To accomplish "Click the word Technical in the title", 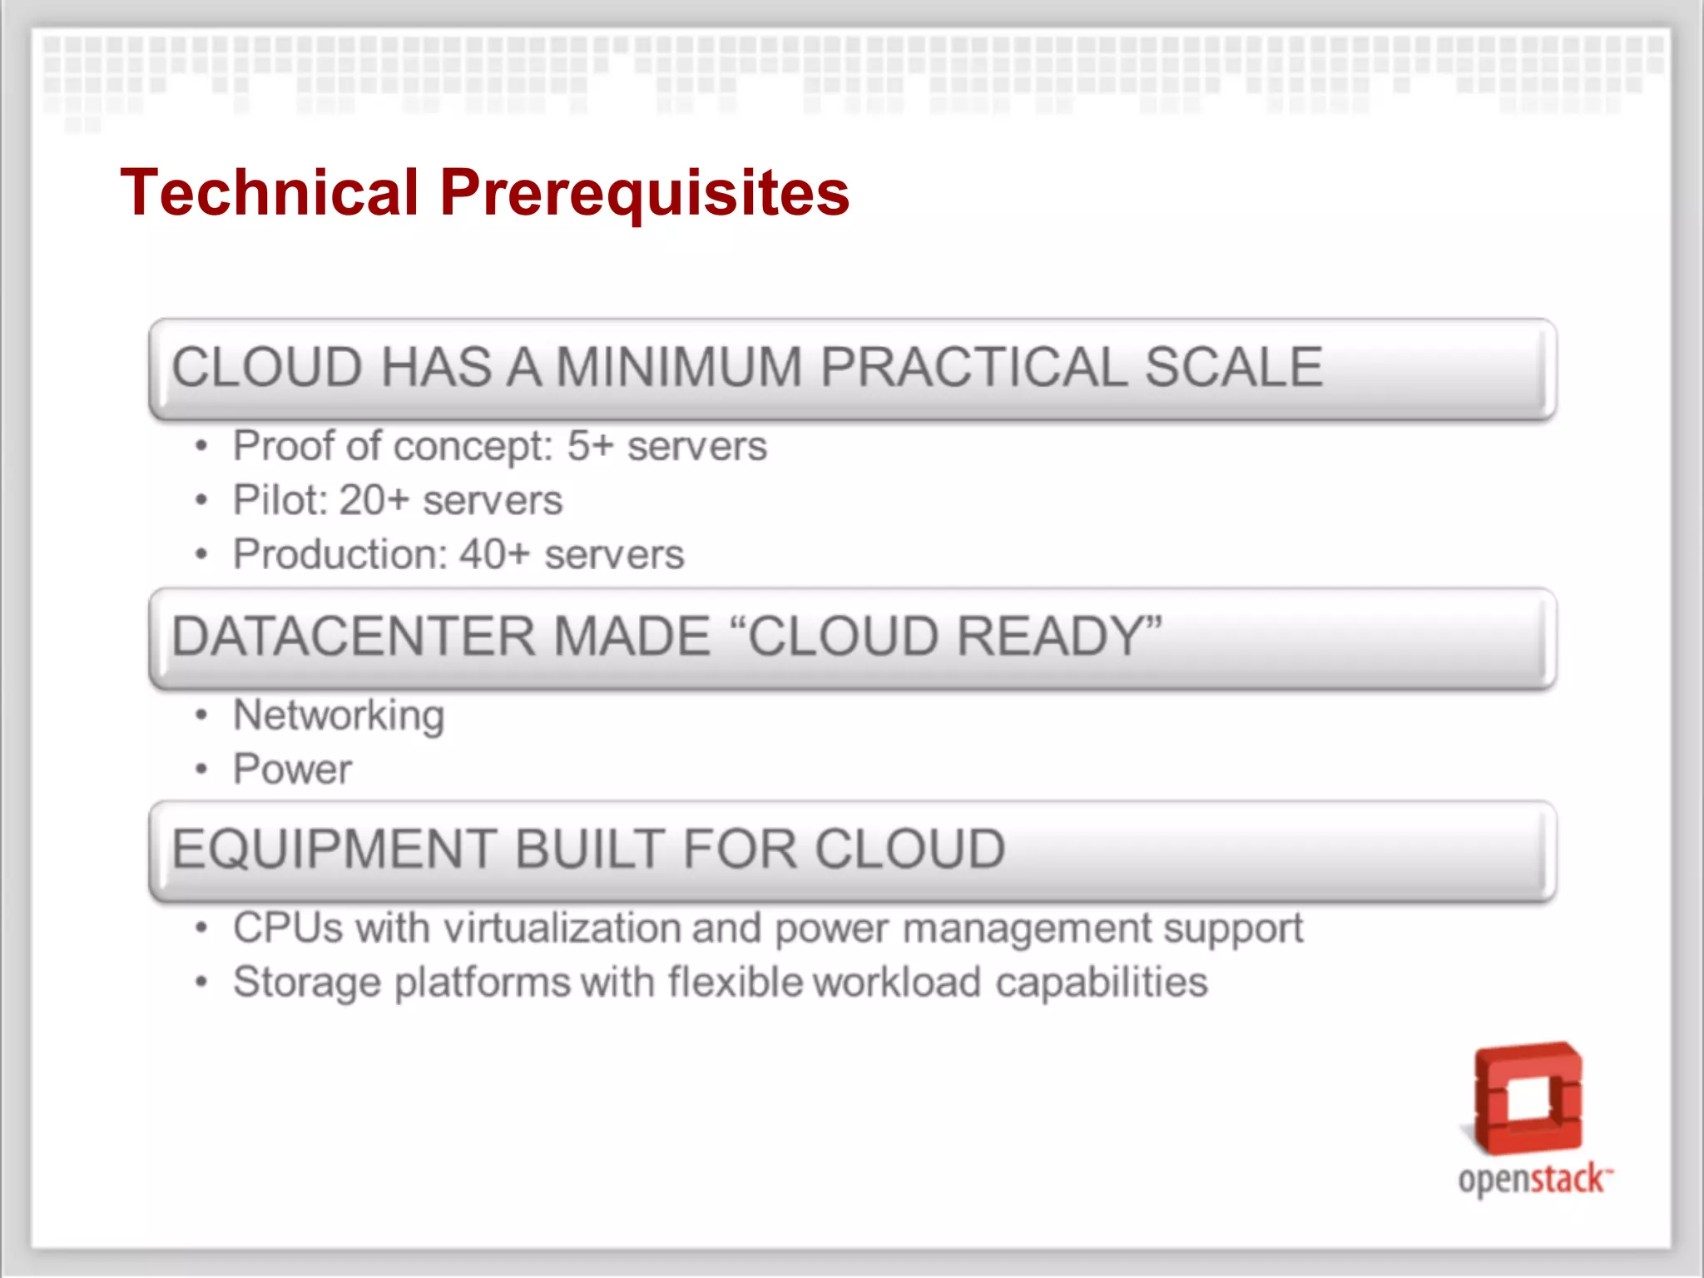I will point(269,193).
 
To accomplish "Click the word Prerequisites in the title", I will point(645,193).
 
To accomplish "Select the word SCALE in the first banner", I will point(1233,367).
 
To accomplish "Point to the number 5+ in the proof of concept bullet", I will point(590,446).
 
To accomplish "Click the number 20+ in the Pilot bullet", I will point(374,500).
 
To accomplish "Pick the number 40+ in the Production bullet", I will point(495,554).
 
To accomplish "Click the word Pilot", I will point(279,500).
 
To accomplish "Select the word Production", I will point(339,554).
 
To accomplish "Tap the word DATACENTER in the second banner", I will point(354,637).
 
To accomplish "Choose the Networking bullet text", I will point(339,716).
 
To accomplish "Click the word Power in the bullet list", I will point(292,769).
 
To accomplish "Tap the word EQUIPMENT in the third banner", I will point(334,850).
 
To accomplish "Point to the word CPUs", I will point(287,928).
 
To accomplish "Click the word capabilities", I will point(1101,983).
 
